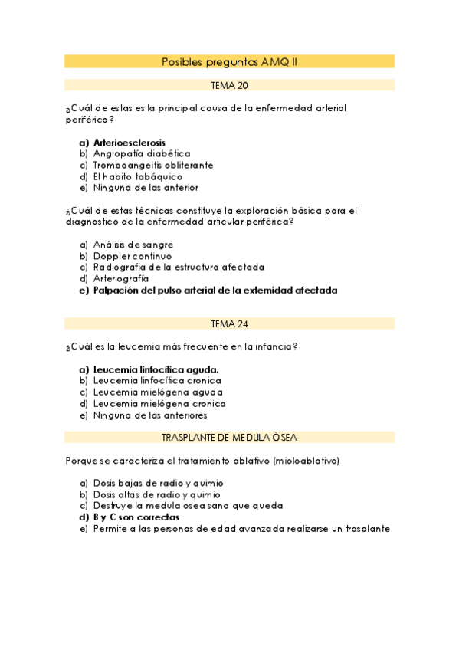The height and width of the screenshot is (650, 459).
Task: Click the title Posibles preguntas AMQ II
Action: (x=229, y=61)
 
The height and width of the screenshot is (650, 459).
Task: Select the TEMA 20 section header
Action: (x=229, y=85)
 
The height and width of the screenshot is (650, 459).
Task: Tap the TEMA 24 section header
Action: (x=229, y=323)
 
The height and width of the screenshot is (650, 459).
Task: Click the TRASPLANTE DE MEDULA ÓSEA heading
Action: (x=229, y=437)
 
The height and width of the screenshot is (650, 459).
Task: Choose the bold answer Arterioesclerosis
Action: (x=129, y=142)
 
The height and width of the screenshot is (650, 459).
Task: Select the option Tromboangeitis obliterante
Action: (x=153, y=165)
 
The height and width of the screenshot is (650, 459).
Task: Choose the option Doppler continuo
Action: (x=133, y=256)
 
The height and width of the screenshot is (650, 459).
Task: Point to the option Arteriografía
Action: (x=121, y=279)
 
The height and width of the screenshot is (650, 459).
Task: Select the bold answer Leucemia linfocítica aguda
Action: (x=156, y=369)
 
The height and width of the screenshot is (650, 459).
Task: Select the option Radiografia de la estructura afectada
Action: (x=179, y=268)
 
